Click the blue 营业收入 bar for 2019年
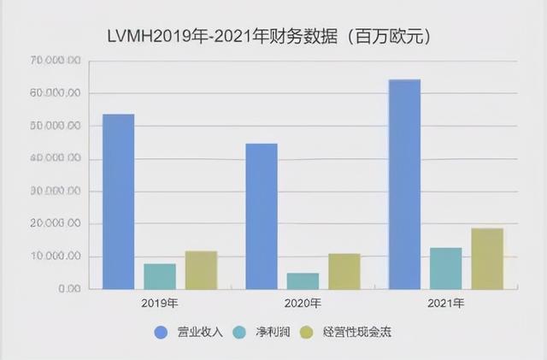(x=118, y=202)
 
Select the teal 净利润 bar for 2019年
(x=160, y=276)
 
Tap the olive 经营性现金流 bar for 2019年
(x=201, y=270)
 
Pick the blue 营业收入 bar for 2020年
(x=261, y=216)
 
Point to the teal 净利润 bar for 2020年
(x=303, y=281)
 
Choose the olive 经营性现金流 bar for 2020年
(x=344, y=271)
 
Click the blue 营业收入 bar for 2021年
(x=404, y=185)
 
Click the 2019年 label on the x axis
(x=161, y=304)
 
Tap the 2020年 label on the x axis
(x=303, y=304)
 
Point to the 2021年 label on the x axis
(x=446, y=304)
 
